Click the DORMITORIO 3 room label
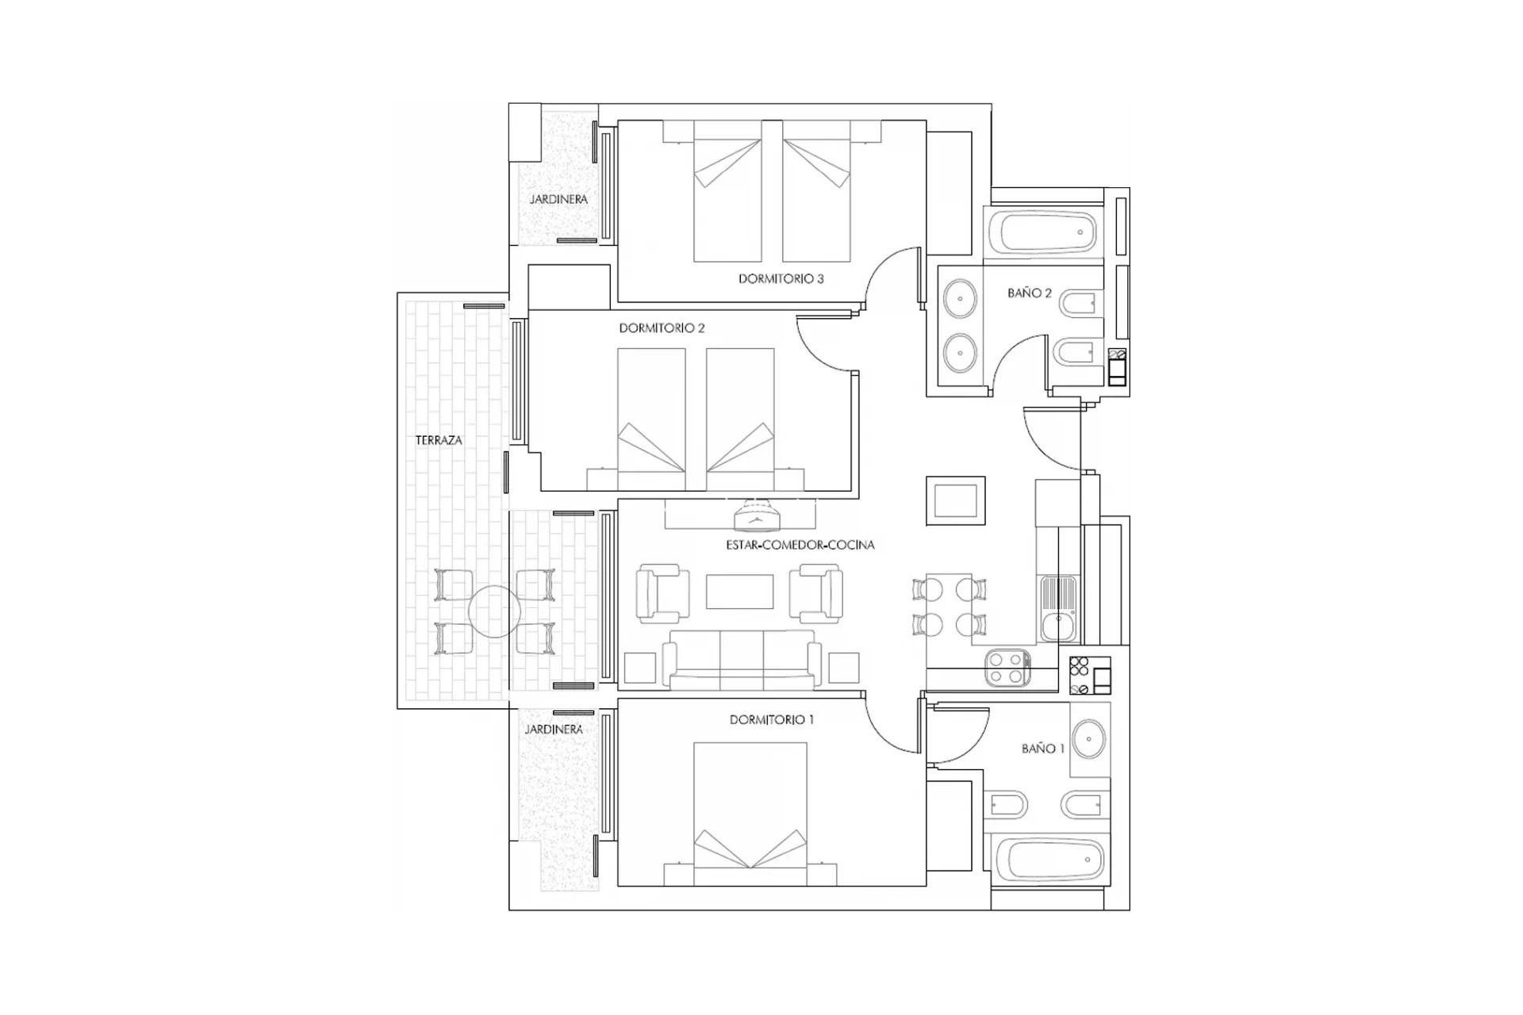pos(781,279)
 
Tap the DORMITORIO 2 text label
pos(662,328)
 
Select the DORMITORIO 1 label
pos(772,720)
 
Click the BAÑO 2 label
pos(1030,293)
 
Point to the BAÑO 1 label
pos(1043,749)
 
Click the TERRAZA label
pos(439,440)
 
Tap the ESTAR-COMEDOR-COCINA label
pos(800,546)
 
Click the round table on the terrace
pos(493,612)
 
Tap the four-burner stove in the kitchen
pos(1007,667)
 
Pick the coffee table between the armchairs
pos(739,592)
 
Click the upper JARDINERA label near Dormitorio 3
pos(558,200)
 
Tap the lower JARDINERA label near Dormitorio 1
pos(554,730)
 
